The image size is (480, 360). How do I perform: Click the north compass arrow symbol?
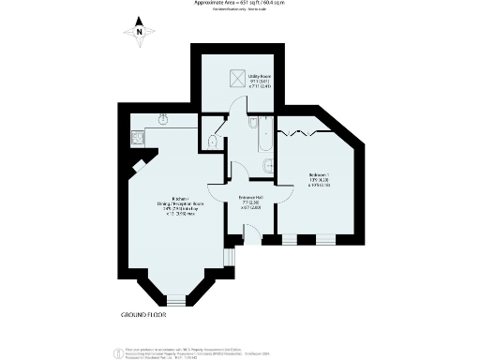coord(139,27)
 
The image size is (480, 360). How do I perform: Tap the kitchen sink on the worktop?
coord(162,120)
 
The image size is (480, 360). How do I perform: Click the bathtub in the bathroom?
coord(262,136)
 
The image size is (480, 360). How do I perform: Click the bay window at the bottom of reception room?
coord(171,299)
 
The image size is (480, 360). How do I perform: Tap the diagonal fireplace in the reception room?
coord(138,166)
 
